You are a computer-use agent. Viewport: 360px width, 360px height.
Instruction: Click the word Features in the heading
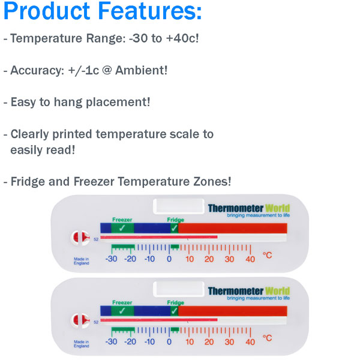150,11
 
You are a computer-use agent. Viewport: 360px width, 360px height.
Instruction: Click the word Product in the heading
47,11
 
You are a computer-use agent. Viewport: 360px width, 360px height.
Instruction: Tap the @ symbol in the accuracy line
107,70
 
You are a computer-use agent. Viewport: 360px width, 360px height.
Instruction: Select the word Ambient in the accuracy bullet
141,70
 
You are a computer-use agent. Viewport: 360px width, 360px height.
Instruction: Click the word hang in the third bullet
68,103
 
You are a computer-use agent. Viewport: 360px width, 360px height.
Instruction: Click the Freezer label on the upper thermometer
122,220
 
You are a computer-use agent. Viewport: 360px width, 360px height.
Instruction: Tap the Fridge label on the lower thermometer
176,302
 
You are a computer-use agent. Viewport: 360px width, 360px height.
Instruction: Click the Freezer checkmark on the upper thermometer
122,228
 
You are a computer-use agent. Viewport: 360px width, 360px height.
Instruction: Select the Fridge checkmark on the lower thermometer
174,311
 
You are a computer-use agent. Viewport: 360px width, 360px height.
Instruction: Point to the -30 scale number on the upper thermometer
112,259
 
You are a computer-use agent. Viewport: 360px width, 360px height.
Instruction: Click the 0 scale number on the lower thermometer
169,342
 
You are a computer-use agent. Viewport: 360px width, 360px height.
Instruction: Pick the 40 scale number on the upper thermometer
250,259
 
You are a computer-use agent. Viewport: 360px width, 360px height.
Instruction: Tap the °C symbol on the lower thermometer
267,338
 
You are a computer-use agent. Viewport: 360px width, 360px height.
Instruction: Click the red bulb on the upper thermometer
80,238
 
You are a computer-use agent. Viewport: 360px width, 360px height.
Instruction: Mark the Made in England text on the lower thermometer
81,344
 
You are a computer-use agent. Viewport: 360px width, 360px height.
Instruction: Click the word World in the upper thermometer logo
277,208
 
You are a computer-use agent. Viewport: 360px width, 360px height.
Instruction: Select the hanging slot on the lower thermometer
179,289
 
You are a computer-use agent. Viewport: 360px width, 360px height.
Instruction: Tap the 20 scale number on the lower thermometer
209,342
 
